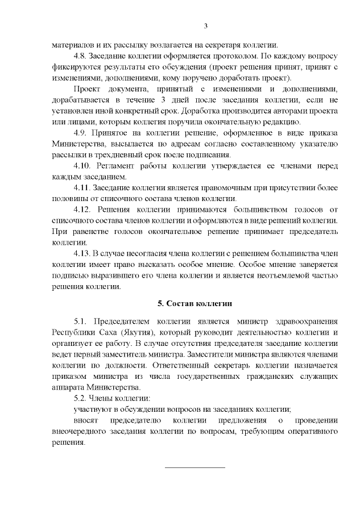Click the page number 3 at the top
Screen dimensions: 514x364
tap(206, 26)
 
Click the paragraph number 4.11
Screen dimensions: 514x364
tap(83, 187)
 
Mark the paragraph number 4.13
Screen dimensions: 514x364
tap(83, 252)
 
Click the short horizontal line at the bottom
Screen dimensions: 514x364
tap(195, 467)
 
